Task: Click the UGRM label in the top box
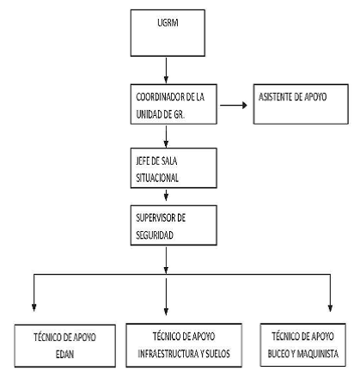tap(168, 23)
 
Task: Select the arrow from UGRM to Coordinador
tap(166, 70)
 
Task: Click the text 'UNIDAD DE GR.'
tap(160, 114)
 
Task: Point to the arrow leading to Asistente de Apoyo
tap(234, 106)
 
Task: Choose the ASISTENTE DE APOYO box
tap(301, 104)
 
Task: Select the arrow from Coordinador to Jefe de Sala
tap(166, 137)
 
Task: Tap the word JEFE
tap(143, 161)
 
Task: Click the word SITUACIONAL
tap(157, 178)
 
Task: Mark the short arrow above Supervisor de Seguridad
tap(166, 195)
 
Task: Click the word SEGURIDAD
tap(155, 235)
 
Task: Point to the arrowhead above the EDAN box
tap(34, 307)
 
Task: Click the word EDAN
tap(64, 355)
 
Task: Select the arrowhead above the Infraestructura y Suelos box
tap(166, 311)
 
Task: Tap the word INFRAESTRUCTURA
tap(168, 354)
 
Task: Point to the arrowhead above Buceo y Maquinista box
tap(330, 307)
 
